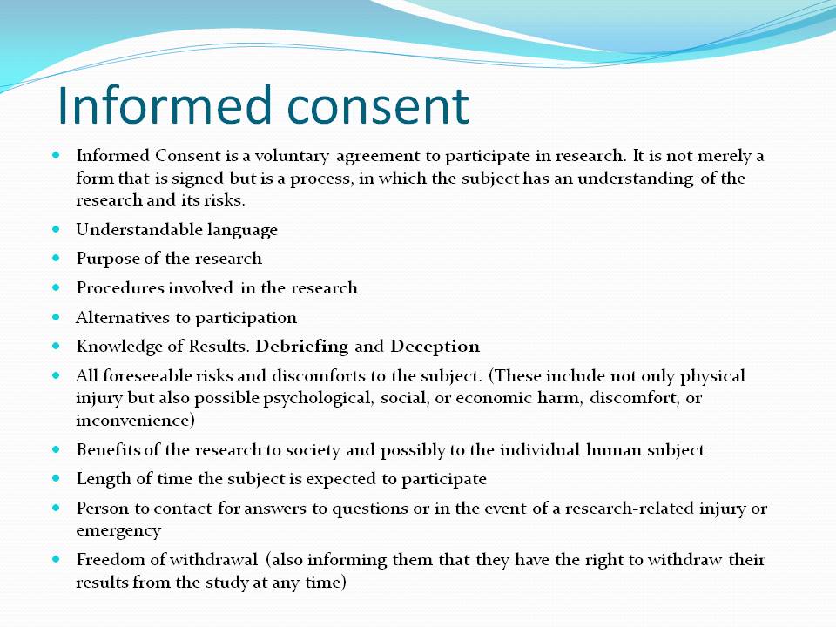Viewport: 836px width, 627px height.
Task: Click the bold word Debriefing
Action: point(302,346)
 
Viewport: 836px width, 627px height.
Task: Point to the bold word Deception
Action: point(435,346)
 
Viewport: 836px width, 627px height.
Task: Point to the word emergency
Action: point(118,529)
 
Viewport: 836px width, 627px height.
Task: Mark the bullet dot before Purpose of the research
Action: point(57,259)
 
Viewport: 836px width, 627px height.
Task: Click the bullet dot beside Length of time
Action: point(57,479)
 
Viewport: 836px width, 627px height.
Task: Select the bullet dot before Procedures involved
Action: point(57,287)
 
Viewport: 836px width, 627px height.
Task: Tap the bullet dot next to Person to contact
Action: point(57,508)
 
